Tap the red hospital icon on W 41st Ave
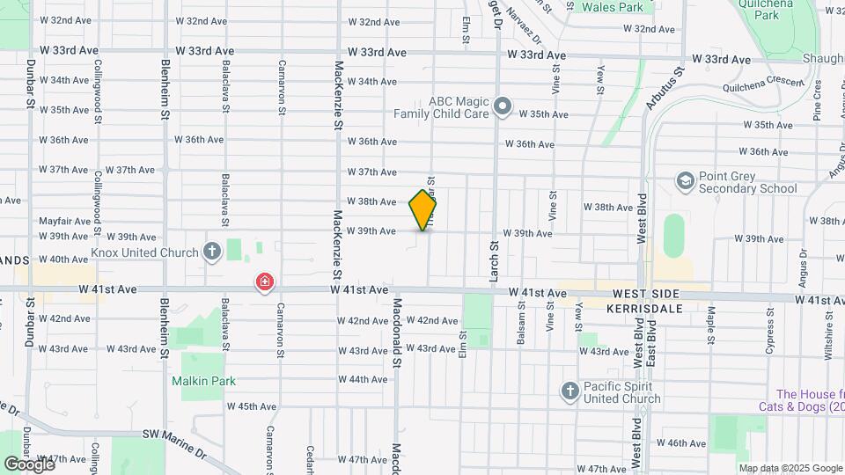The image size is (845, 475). (x=264, y=282)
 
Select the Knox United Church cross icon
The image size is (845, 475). (x=211, y=252)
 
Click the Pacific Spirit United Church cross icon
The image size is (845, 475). (x=569, y=390)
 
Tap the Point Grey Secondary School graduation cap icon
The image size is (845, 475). (x=685, y=181)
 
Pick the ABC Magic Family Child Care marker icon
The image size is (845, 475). (x=503, y=107)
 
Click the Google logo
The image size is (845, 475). (x=29, y=464)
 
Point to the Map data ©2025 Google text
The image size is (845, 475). (x=791, y=468)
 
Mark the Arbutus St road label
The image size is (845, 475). (x=664, y=89)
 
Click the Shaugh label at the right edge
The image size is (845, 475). (x=824, y=59)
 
